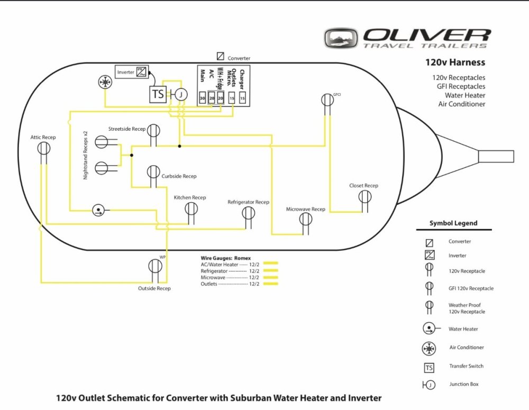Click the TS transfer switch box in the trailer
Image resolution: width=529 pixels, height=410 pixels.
click(158, 94)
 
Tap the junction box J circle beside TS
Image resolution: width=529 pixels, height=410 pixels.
click(181, 95)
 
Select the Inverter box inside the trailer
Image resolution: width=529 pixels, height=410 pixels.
click(132, 72)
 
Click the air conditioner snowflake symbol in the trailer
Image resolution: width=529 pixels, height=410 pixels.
click(105, 82)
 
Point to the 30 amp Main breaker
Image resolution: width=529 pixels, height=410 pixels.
click(203, 98)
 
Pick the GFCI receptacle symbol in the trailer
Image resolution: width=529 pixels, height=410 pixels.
click(327, 100)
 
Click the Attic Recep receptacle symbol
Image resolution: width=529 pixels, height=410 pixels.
click(43, 148)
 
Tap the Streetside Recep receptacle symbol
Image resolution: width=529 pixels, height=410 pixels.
click(153, 131)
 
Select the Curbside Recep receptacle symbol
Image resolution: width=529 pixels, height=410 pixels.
click(153, 172)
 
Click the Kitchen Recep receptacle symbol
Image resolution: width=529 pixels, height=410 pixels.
click(191, 209)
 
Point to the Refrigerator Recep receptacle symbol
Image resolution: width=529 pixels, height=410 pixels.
click(248, 213)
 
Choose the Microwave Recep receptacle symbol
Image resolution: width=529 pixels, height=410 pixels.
click(306, 220)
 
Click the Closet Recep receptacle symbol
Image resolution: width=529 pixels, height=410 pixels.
click(364, 196)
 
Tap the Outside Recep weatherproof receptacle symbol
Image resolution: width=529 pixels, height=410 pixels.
click(155, 266)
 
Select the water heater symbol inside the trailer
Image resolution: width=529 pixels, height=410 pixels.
click(98, 211)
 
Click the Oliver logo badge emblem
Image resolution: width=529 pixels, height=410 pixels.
click(341, 38)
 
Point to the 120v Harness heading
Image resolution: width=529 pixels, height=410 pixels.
click(455, 62)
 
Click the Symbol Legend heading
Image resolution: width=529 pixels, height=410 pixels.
click(453, 223)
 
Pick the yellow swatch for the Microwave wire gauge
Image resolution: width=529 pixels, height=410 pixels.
click(270, 277)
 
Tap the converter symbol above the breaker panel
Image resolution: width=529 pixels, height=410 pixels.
click(220, 56)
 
